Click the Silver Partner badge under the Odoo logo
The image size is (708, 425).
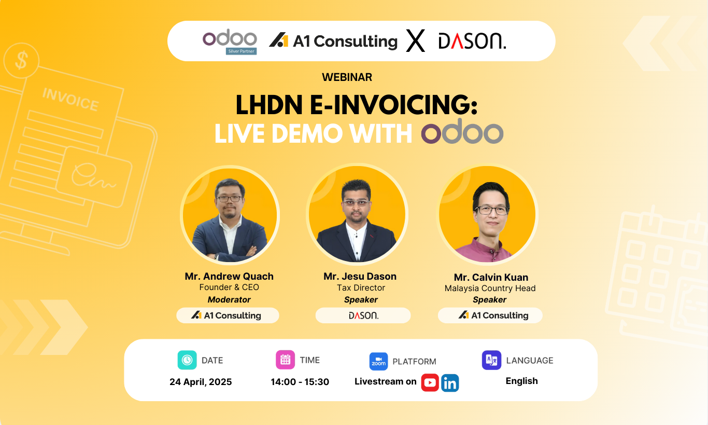[241, 51]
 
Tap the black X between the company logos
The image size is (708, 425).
[415, 41]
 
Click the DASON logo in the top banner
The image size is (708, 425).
[472, 41]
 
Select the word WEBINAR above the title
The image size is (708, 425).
[347, 77]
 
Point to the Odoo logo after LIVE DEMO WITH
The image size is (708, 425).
[462, 131]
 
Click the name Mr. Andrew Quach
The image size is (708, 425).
[229, 276]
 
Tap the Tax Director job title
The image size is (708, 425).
[361, 287]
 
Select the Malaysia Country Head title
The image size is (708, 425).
[490, 289]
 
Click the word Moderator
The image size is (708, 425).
[229, 299]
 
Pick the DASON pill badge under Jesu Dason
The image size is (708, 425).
[363, 316]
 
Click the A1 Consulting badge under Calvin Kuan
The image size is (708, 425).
[490, 316]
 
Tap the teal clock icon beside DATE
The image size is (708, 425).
[187, 360]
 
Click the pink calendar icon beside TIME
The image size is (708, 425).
[286, 360]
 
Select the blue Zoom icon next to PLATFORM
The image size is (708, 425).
[379, 361]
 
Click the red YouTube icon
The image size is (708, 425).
[430, 382]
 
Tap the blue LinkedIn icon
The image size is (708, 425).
[450, 383]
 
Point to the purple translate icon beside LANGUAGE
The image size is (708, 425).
[491, 360]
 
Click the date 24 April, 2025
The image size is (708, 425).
[201, 382]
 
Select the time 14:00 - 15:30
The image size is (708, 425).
[300, 382]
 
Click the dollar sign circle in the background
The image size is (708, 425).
[21, 61]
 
